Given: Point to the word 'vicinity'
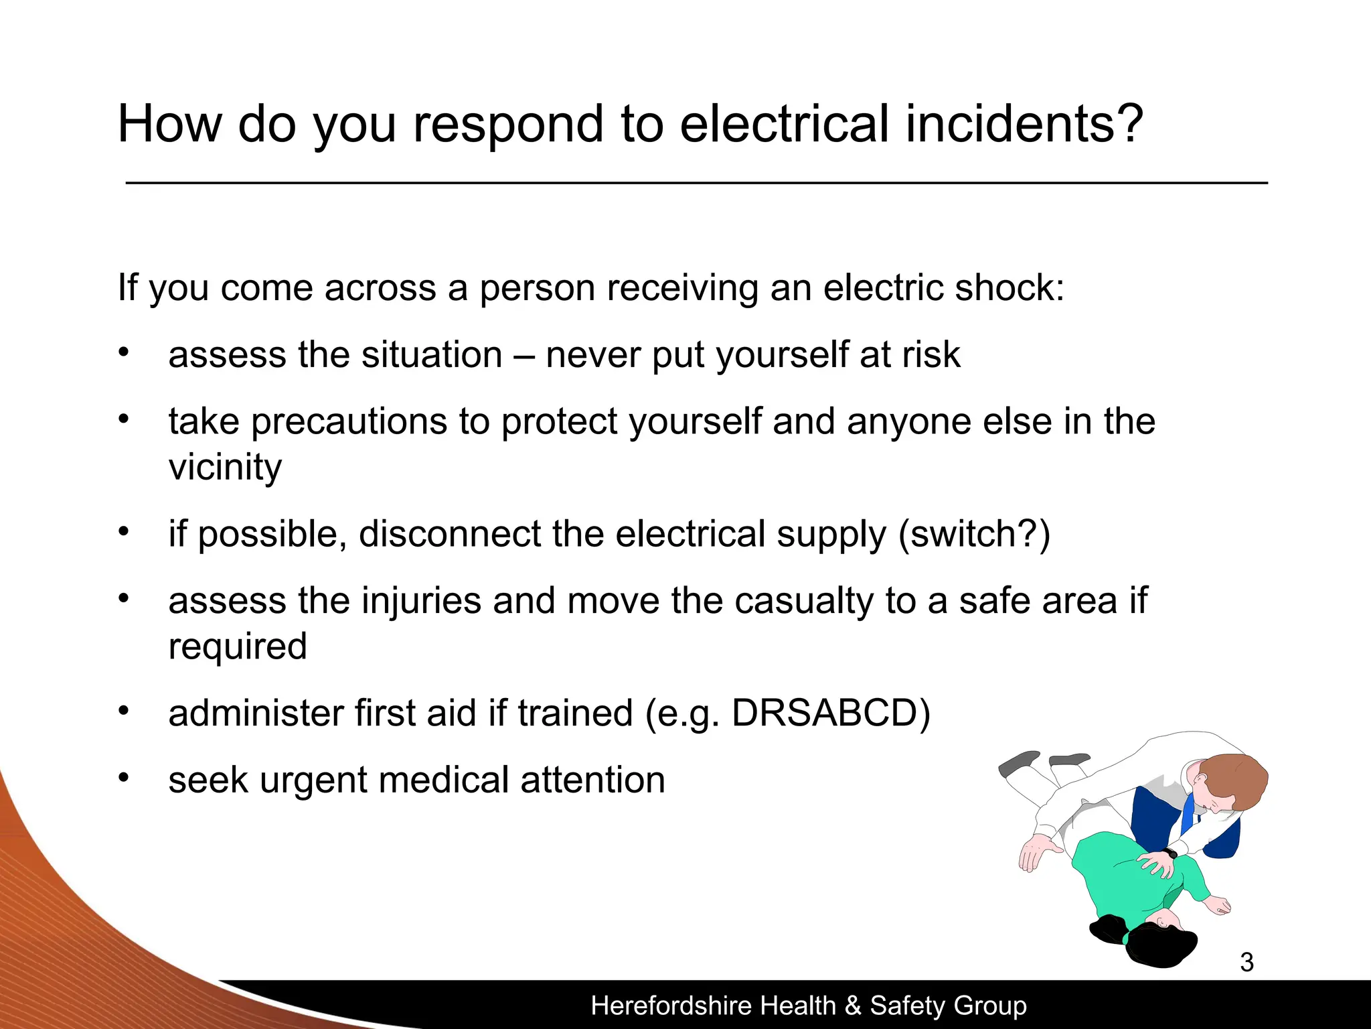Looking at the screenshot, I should (x=225, y=467).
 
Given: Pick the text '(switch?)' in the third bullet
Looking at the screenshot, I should (x=974, y=534).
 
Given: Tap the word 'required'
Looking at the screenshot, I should (x=238, y=646).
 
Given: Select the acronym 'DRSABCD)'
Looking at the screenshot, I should (x=831, y=713).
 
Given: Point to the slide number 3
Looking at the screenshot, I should (x=1246, y=962).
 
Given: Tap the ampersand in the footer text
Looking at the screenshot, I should (x=852, y=1006).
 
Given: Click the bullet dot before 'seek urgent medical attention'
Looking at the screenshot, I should (x=123, y=778).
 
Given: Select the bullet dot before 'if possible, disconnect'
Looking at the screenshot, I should (x=123, y=532).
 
